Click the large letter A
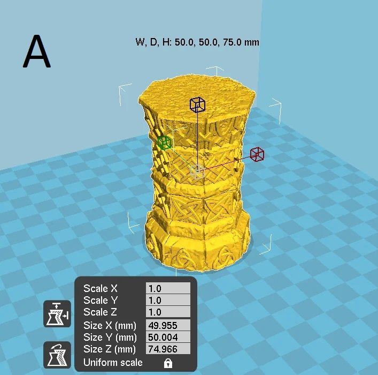[x=37, y=51]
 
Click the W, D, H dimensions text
[x=197, y=42]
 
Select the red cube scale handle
[x=257, y=154]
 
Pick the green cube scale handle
[x=164, y=142]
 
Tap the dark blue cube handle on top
[x=197, y=104]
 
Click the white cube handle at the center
[x=197, y=171]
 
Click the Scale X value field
[x=168, y=289]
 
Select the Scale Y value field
[x=168, y=300]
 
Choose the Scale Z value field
[x=168, y=312]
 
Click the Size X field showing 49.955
[x=168, y=326]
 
